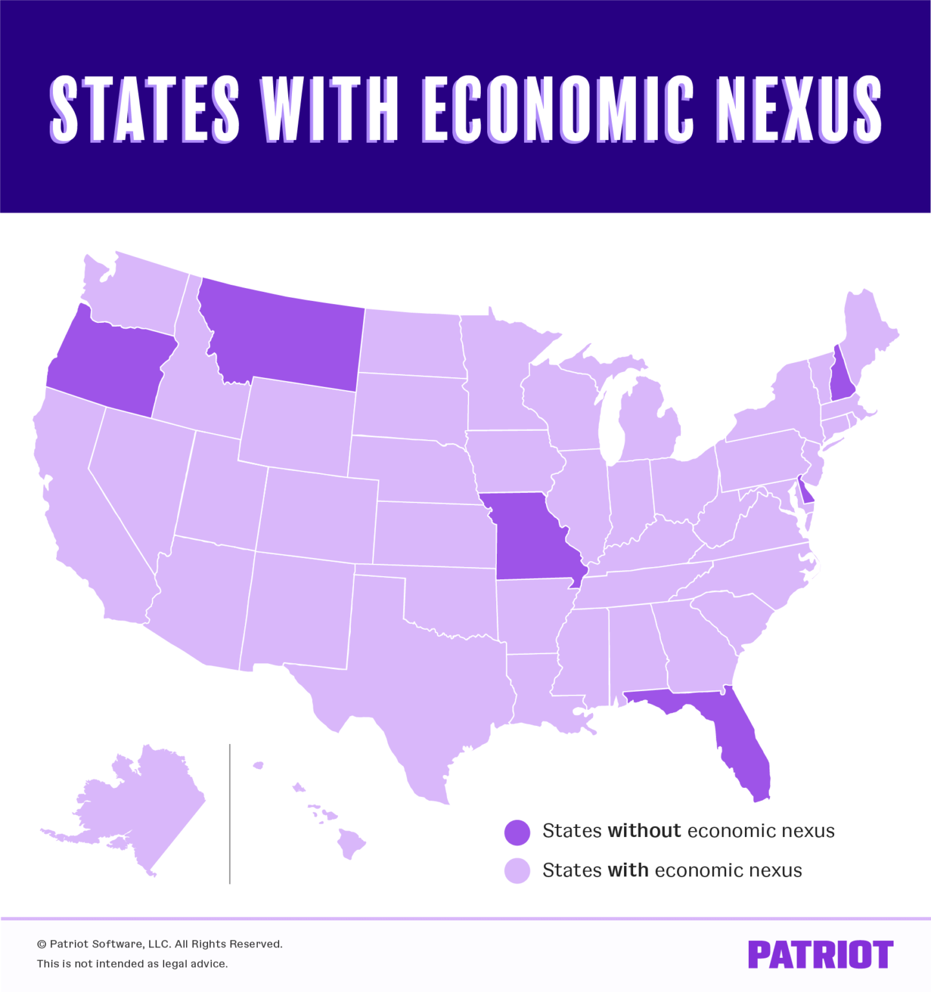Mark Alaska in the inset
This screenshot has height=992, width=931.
click(142, 807)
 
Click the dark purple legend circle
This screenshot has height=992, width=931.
click(517, 832)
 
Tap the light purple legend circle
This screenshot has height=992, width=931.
click(517, 871)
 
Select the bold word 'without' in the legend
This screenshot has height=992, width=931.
click(644, 831)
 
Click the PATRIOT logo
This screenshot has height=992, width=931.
click(821, 955)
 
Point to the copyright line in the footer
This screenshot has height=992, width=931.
click(160, 944)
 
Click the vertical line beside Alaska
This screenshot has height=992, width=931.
click(229, 814)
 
